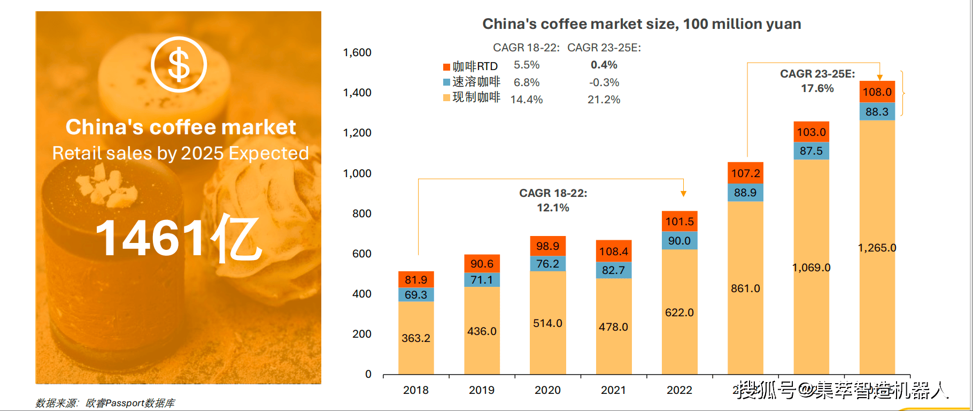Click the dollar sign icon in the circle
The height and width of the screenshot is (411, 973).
[179, 64]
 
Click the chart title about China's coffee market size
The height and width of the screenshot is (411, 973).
[642, 24]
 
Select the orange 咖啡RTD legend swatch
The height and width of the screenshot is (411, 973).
[446, 67]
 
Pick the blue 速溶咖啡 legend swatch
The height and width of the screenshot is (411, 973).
[446, 82]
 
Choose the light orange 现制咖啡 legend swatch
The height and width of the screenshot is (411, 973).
[446, 97]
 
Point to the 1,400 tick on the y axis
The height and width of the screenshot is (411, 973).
[357, 93]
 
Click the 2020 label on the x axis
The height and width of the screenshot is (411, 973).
[547, 390]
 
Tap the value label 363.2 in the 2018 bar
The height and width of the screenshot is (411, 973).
[416, 338]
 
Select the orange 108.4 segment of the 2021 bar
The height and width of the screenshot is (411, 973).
[613, 252]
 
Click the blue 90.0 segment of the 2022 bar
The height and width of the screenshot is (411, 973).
[679, 241]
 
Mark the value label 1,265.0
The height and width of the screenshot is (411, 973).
[877, 248]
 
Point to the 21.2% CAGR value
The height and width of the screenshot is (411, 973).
[604, 100]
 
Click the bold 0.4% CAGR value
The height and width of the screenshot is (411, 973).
[604, 65]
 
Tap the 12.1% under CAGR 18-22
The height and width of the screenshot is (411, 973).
[553, 208]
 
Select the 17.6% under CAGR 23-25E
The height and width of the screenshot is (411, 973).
[817, 88]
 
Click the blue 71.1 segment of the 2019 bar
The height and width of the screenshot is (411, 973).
[482, 280]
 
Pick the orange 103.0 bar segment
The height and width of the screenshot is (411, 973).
[811, 132]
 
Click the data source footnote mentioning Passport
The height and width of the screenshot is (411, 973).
[105, 403]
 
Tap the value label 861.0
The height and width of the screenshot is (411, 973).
[745, 288]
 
